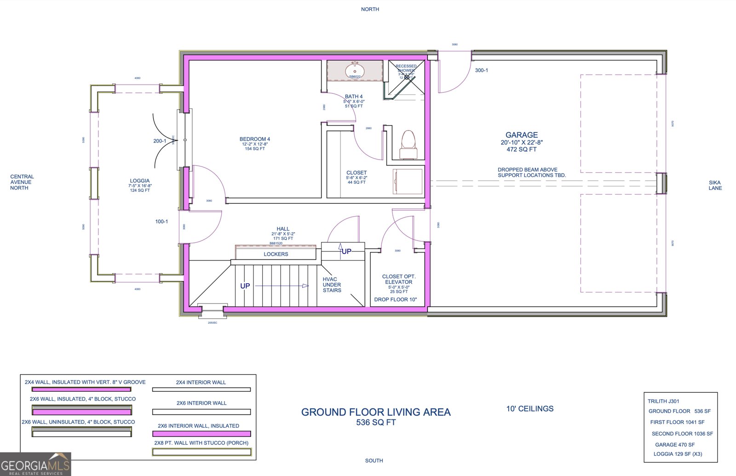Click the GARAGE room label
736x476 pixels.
click(521, 135)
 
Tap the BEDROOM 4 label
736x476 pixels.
click(254, 139)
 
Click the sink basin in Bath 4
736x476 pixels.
click(355, 71)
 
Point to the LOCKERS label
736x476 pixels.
click(276, 254)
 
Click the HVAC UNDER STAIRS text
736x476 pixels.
click(332, 285)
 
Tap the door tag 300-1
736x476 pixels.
click(481, 70)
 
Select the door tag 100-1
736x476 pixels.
click(161, 222)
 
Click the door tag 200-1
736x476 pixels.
click(160, 141)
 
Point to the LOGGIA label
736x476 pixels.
click(139, 181)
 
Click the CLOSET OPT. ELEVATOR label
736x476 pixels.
click(398, 279)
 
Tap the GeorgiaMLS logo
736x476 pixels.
click(35, 464)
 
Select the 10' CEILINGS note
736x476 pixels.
click(530, 408)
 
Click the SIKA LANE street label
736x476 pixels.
click(715, 185)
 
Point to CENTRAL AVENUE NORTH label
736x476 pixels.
click(22, 182)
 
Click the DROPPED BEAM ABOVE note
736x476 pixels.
click(528, 170)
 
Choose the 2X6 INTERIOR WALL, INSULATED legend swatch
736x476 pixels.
click(201, 434)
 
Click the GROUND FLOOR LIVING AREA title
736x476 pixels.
click(376, 412)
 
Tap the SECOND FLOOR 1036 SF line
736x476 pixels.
click(682, 434)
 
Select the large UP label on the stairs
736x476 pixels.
click(245, 286)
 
